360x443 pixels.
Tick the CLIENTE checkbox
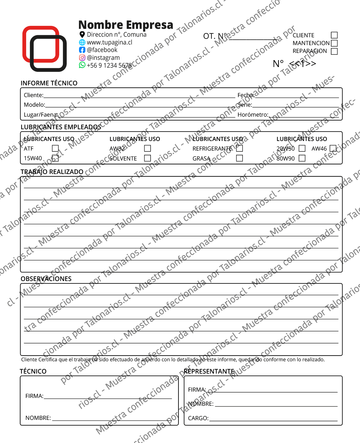pyautogui.click(x=334, y=35)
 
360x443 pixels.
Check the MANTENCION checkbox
pyautogui.click(x=334, y=43)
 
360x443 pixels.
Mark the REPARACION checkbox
pyautogui.click(x=334, y=51)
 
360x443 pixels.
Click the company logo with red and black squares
pyautogui.click(x=44, y=49)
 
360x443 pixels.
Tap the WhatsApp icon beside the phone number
pyautogui.click(x=82, y=65)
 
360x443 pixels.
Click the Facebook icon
pyautogui.click(x=82, y=50)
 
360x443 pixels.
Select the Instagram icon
pyautogui.click(x=82, y=57)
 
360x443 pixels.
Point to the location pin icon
pyautogui.click(x=82, y=35)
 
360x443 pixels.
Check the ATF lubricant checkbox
pyautogui.click(x=55, y=148)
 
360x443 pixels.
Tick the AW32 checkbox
pyautogui.click(x=147, y=148)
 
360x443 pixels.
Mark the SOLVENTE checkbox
pyautogui.click(x=147, y=158)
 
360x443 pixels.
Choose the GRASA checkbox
pyautogui.click(x=239, y=158)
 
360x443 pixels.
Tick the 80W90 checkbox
pyautogui.click(x=302, y=158)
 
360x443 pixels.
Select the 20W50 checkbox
pyautogui.click(x=302, y=148)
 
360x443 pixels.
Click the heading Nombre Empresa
pyautogui.click(x=126, y=25)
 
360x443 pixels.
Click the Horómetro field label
pyautogui.click(x=253, y=115)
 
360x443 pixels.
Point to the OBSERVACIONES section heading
pyautogui.click(x=46, y=279)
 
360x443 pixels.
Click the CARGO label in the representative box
pyautogui.click(x=198, y=418)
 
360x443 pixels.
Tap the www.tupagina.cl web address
pyautogui.click(x=109, y=42)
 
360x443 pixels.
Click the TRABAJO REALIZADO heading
pyautogui.click(x=52, y=172)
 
